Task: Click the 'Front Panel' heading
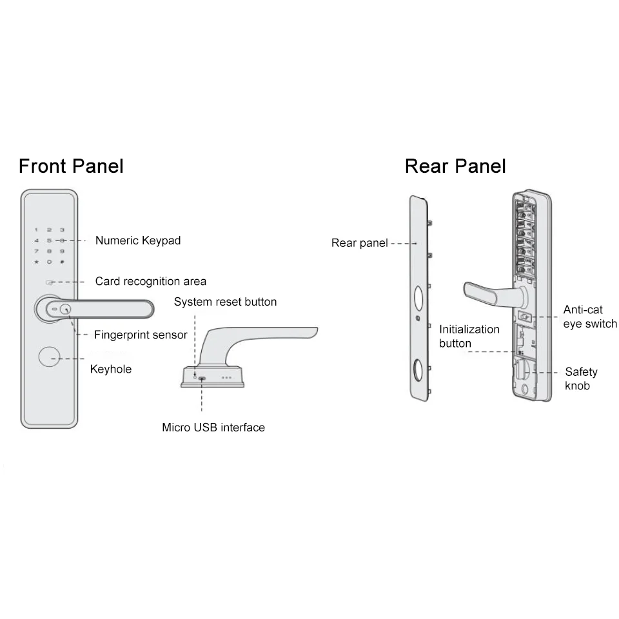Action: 71,166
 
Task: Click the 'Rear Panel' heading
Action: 455,166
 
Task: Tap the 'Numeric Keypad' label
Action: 138,241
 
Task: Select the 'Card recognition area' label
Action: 151,281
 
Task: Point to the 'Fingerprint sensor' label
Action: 141,335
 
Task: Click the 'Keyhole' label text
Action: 110,369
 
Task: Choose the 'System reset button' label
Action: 225,302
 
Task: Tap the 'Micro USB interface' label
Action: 213,427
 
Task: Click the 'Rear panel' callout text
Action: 359,243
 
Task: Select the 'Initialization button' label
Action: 469,336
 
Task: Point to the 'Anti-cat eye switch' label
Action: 590,316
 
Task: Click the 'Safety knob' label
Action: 581,378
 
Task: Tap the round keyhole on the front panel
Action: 49,358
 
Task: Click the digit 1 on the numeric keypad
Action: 37,230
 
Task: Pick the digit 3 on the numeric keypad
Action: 62,230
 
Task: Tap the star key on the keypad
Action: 37,262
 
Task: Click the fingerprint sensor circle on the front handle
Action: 65,309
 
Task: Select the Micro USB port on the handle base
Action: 202,378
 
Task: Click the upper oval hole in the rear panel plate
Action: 418,297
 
